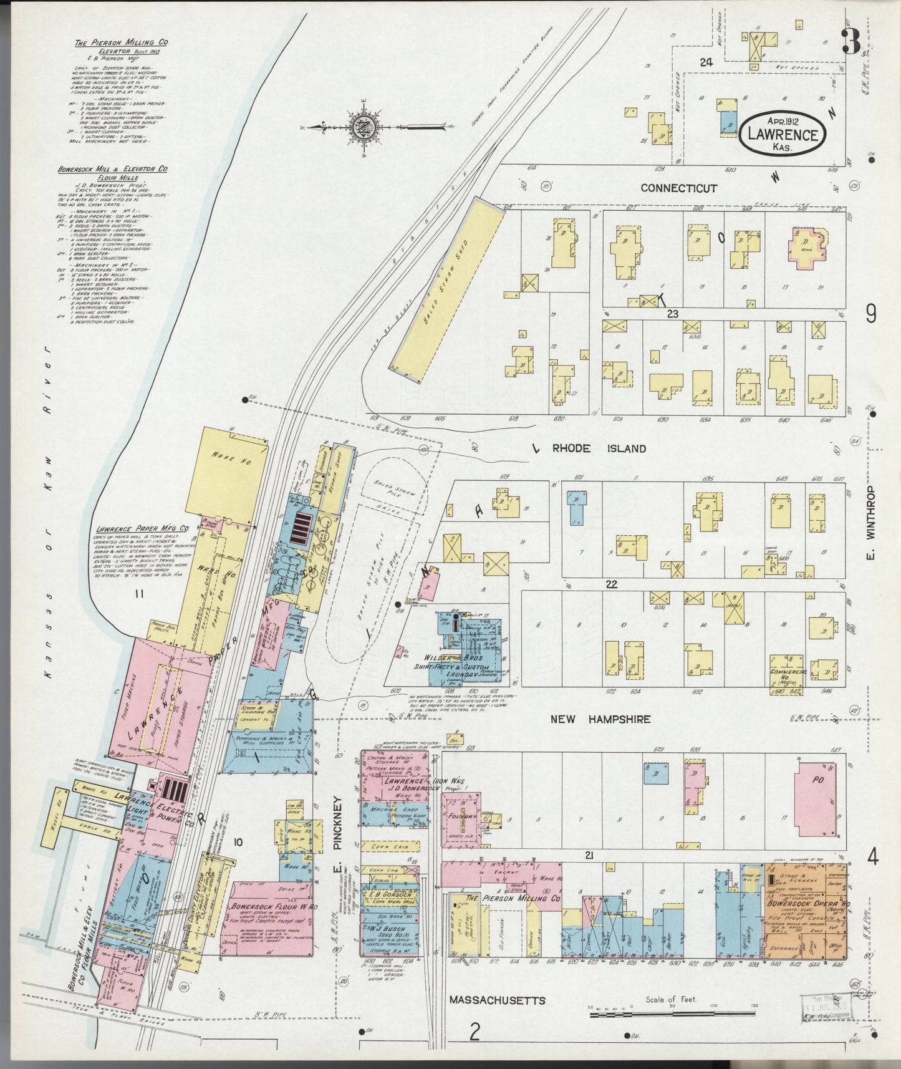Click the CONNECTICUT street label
click(x=678, y=188)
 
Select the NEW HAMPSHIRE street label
click(x=600, y=719)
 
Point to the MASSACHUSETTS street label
click(x=497, y=1000)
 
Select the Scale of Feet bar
click(x=673, y=1015)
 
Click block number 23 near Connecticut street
click(x=672, y=314)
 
